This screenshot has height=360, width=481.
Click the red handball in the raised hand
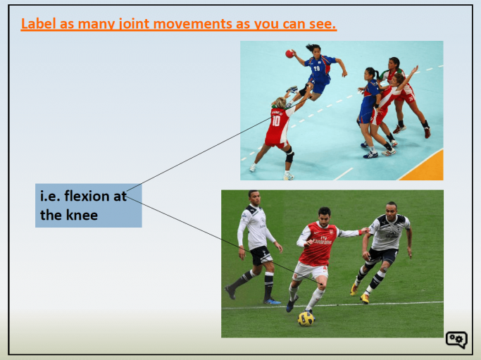click(x=289, y=54)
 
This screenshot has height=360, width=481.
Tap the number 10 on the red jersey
click(x=275, y=120)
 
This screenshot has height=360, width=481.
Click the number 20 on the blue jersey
click(x=317, y=69)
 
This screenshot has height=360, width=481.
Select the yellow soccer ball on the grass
click(x=306, y=318)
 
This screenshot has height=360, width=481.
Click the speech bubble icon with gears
click(x=456, y=340)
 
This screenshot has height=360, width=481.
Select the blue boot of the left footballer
click(x=272, y=301)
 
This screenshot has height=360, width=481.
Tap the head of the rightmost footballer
click(x=392, y=210)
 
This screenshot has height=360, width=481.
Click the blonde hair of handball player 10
click(x=280, y=104)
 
